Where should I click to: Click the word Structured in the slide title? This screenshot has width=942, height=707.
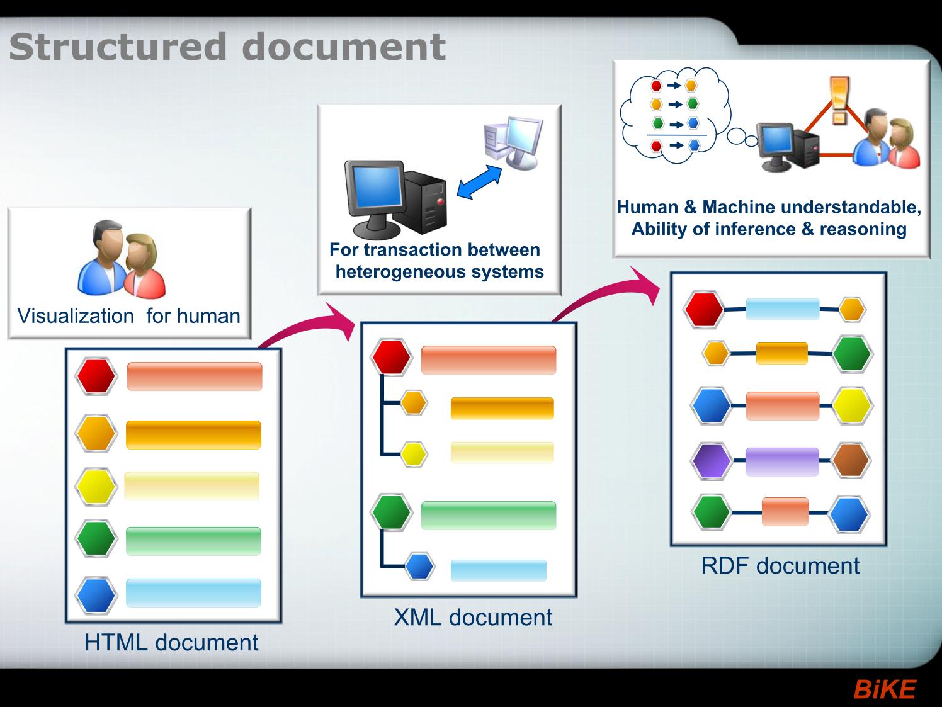[118, 47]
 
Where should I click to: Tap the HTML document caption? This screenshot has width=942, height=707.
[171, 643]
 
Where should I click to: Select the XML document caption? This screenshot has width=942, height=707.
[473, 618]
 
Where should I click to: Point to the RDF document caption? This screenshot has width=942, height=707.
[780, 565]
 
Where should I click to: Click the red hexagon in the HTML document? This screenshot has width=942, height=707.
[96, 376]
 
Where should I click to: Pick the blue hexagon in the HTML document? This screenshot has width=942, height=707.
[96, 596]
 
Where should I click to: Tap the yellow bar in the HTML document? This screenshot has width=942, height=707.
[192, 486]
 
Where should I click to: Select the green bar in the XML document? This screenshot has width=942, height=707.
[489, 515]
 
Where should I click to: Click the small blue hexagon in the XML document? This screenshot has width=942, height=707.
[419, 566]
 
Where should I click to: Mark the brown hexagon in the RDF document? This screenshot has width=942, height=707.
[851, 460]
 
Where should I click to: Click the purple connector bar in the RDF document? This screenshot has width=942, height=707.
[782, 461]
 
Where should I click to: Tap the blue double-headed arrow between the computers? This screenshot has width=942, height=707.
[479, 182]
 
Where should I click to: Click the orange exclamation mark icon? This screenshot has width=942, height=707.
[839, 101]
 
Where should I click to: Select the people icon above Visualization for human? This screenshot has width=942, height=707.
[122, 259]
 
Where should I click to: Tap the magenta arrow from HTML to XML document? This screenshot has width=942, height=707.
[307, 325]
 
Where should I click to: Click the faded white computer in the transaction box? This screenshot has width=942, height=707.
[513, 143]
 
